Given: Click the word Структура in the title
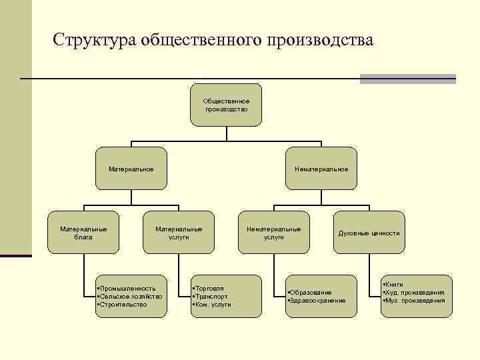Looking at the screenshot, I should tap(95, 40).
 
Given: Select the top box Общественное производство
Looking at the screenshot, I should tap(226, 105).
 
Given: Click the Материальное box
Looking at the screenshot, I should tap(131, 169).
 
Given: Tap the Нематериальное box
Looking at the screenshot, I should tap(321, 169).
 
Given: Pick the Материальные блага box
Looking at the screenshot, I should tap(83, 232).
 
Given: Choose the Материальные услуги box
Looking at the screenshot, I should tap(179, 232).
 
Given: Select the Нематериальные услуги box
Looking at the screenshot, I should tap(273, 232).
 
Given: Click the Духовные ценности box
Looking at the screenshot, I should tap(369, 233).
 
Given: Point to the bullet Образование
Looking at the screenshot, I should tap(311, 293).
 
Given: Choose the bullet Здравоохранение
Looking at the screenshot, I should tap(318, 301).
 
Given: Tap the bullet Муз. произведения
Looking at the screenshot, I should tap(415, 301).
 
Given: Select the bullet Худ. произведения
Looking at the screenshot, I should tap(415, 293).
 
